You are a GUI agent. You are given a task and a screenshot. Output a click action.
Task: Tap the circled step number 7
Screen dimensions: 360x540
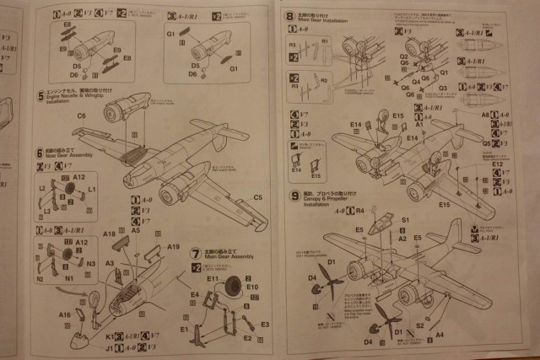(x=196, y=250)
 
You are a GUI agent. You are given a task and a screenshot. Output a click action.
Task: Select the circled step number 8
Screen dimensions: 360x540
(x=289, y=14)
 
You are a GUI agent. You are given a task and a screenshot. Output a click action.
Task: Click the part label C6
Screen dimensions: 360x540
(x=82, y=116)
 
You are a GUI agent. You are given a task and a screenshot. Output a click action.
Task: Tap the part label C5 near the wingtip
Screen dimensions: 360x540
(x=258, y=198)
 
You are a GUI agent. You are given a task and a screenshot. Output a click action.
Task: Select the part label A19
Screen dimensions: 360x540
(x=173, y=247)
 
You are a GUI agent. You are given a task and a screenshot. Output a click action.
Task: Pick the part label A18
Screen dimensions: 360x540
(x=109, y=233)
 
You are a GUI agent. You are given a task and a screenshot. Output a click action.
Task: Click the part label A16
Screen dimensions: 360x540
(x=65, y=314)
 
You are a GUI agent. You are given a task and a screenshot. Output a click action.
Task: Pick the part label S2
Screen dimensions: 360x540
(x=419, y=325)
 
